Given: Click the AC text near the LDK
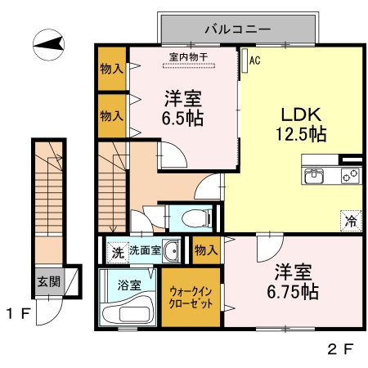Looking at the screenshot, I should [x=254, y=60].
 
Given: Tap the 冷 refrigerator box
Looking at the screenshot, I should [x=350, y=219].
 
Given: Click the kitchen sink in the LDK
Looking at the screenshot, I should [x=314, y=175].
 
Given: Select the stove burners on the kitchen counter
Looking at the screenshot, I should [x=350, y=175].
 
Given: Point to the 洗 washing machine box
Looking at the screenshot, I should [x=116, y=252].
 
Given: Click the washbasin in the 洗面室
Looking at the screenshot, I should [x=171, y=252].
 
